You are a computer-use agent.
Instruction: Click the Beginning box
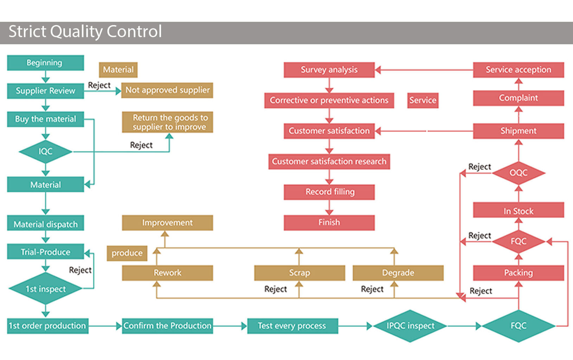(46, 63)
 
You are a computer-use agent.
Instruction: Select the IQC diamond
(46, 152)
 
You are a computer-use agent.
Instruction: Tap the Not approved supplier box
(167, 90)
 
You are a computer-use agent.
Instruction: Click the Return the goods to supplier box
(167, 122)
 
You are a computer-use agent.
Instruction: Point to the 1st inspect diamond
(46, 288)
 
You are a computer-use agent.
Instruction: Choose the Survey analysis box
(329, 70)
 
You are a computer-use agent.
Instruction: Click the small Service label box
(423, 100)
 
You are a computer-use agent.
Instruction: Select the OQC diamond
(519, 173)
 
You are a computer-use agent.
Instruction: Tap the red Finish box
(329, 223)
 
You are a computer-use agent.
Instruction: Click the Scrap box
(300, 273)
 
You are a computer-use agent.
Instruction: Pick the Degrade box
(398, 273)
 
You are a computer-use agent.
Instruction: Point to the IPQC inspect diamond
(410, 326)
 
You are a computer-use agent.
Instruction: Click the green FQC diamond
(519, 326)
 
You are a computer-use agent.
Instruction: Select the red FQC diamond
(519, 241)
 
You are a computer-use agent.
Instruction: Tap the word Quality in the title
(77, 32)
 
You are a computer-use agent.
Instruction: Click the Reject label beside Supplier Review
(99, 85)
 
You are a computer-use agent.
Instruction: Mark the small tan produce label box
(127, 253)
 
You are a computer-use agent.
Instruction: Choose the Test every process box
(292, 326)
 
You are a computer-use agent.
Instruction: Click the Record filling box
(329, 192)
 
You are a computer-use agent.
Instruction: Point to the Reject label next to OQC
(479, 167)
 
